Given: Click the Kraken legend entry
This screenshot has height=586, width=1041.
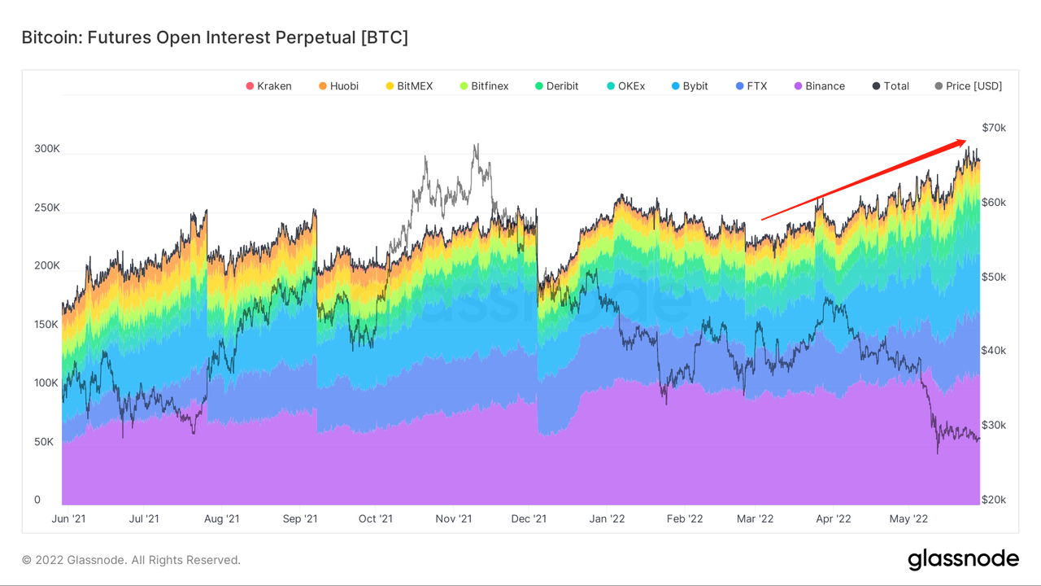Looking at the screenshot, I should pyautogui.click(x=268, y=86).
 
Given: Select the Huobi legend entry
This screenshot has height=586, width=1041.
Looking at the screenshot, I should pyautogui.click(x=338, y=86).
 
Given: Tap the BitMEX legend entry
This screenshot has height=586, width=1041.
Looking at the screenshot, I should pyautogui.click(x=410, y=86).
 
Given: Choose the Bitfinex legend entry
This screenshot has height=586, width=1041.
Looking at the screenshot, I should pyautogui.click(x=484, y=86).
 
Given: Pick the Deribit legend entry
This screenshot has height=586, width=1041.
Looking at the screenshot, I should pyautogui.click(x=557, y=86).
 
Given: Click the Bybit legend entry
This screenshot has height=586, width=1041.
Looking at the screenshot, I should pyautogui.click(x=690, y=86).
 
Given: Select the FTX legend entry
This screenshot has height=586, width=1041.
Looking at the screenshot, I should pyautogui.click(x=751, y=86).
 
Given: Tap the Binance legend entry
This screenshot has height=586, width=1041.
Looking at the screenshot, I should pyautogui.click(x=819, y=86).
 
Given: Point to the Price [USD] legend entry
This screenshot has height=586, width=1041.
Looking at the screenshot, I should pyautogui.click(x=968, y=86).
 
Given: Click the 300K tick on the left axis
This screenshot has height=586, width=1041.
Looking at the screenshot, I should pyautogui.click(x=46, y=149).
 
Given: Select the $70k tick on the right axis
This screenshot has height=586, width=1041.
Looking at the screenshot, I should pyautogui.click(x=994, y=128).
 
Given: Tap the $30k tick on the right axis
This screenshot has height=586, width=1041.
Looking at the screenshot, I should pyautogui.click(x=994, y=425).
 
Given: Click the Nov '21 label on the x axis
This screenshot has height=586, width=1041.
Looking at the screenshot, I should pyautogui.click(x=454, y=518).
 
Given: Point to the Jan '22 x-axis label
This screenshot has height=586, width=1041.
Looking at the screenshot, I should pyautogui.click(x=608, y=518).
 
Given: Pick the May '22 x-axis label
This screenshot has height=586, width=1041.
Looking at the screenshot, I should pyautogui.click(x=909, y=518).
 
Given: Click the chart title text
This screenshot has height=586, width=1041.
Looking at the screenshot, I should pyautogui.click(x=215, y=37).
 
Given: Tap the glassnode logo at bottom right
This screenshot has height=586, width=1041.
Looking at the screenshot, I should pyautogui.click(x=963, y=559).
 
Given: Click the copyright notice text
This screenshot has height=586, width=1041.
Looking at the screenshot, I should pyautogui.click(x=131, y=560).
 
